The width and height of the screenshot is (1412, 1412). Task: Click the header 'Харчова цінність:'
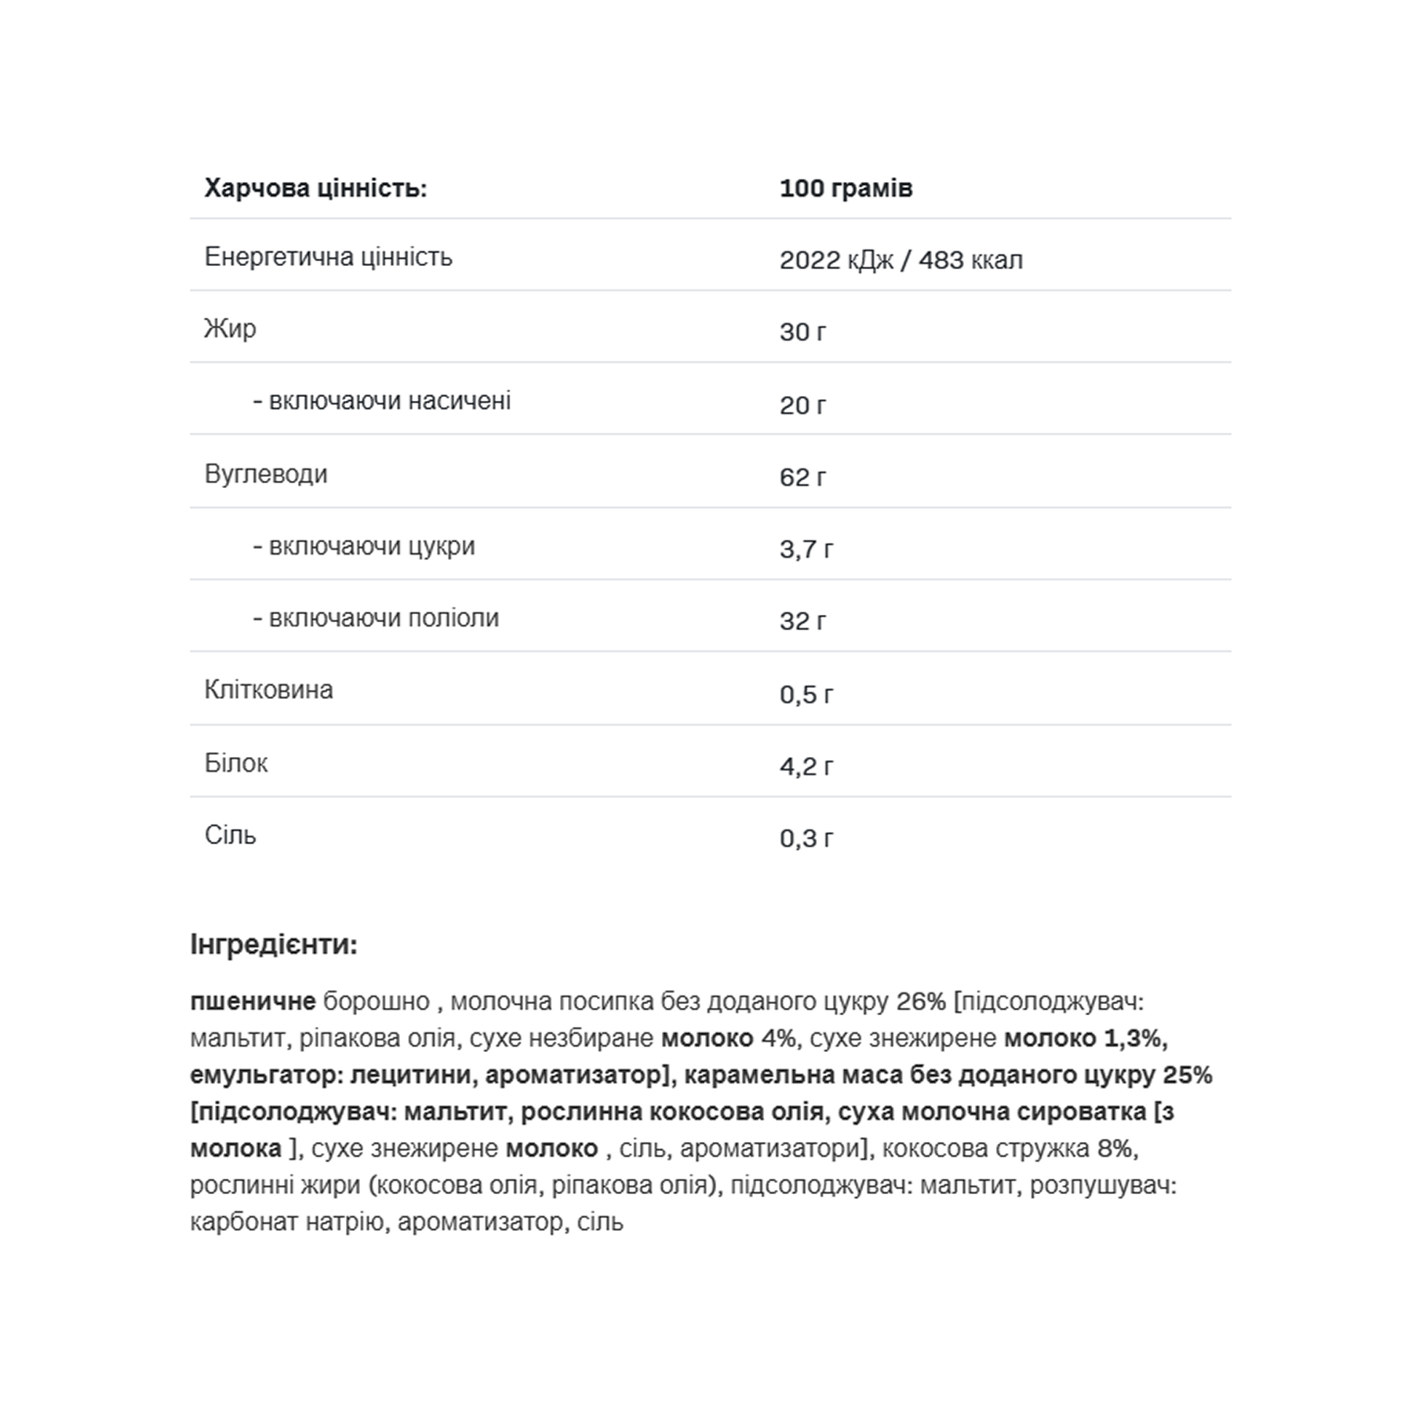click(x=315, y=188)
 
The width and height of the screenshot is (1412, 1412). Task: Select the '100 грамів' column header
click(x=846, y=188)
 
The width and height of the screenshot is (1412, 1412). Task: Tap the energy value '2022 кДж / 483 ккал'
click(x=901, y=260)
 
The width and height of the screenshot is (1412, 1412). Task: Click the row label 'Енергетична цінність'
click(x=328, y=257)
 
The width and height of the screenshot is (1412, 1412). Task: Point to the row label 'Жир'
click(x=230, y=329)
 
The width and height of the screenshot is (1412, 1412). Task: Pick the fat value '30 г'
click(x=802, y=332)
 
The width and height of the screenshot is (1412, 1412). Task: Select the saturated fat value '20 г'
click(x=802, y=405)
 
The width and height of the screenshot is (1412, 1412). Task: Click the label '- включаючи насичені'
click(x=381, y=401)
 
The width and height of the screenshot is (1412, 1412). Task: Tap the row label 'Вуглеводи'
click(x=266, y=474)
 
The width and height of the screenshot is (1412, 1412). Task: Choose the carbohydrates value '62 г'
click(x=802, y=477)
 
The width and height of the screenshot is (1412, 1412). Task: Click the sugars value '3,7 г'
click(x=806, y=549)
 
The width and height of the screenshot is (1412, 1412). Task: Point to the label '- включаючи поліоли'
click(x=376, y=618)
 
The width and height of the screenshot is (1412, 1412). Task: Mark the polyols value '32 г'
click(x=802, y=621)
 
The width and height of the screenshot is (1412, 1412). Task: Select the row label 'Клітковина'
click(x=268, y=690)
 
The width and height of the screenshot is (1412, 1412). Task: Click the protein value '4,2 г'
click(x=806, y=766)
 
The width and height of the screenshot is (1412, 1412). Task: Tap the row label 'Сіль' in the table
click(x=230, y=835)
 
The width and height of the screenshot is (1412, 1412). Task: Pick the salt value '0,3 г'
click(x=806, y=838)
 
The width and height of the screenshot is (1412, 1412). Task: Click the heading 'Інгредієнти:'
click(x=274, y=944)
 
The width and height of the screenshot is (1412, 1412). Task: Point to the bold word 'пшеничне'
click(x=253, y=1002)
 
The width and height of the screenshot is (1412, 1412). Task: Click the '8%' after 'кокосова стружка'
click(x=1115, y=1148)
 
